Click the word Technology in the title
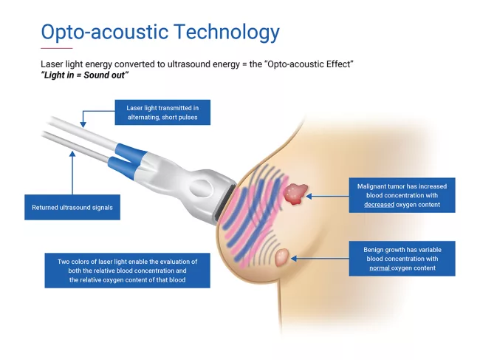tap(230, 32)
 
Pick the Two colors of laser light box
tap(125, 271)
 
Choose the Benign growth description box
tap(402, 258)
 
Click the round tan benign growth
tap(283, 258)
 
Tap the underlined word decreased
tap(380, 205)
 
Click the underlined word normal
tap(380, 268)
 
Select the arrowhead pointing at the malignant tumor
tap(310, 196)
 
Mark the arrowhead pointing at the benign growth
tap(295, 258)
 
